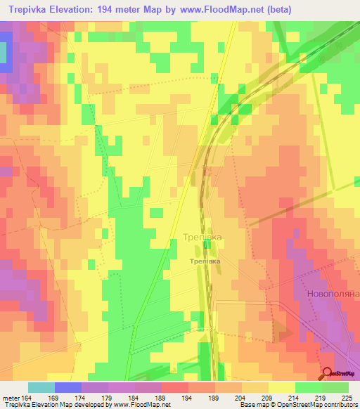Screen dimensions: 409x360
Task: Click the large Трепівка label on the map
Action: tap(202, 238)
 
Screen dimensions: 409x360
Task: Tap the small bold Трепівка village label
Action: tap(204, 261)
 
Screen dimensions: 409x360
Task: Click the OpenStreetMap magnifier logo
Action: tap(328, 373)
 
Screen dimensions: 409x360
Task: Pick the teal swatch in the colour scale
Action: tap(41, 387)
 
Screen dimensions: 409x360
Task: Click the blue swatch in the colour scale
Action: tap(67, 387)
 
